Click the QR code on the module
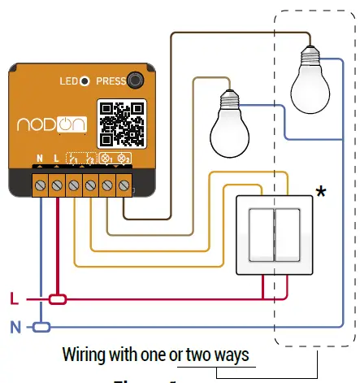[x=121, y=123]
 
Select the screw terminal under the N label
[x=40, y=186]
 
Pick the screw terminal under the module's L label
[x=57, y=186]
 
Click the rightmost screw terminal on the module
[x=124, y=186]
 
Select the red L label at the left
[x=13, y=298]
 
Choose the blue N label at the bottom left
[x=13, y=327]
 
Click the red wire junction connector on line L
[x=57, y=299]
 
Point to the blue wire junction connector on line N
[x=41, y=327]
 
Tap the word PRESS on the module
[x=111, y=81]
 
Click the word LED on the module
[x=67, y=81]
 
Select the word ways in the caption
[x=229, y=355]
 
